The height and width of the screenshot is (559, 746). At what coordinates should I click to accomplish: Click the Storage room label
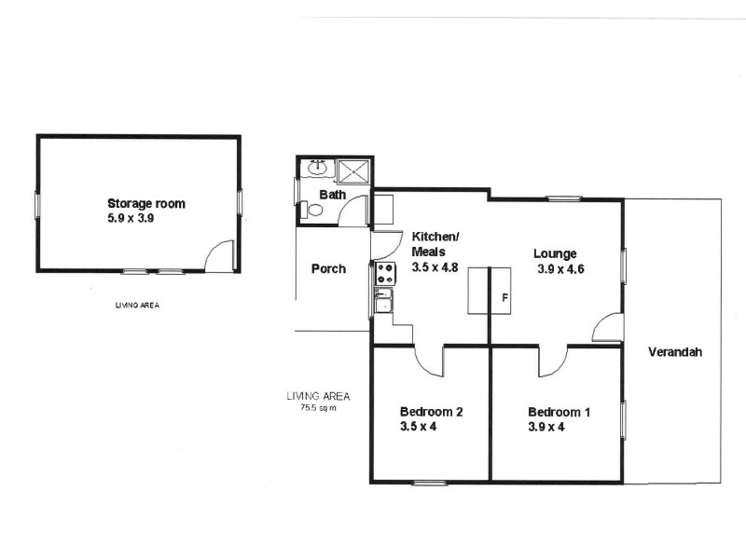point(146,203)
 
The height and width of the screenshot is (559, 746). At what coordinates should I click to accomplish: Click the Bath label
point(332,195)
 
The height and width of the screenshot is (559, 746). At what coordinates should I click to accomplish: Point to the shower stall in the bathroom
point(354,171)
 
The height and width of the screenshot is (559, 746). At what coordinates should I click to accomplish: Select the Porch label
point(328,268)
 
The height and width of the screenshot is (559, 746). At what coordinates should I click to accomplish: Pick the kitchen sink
point(383,301)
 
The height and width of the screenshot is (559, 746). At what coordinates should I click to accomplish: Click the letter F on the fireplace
point(504,298)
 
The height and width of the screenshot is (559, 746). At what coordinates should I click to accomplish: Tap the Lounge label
point(555,253)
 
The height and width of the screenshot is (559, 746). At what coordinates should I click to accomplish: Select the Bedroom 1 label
point(559,412)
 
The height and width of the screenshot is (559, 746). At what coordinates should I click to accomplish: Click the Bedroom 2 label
point(432,412)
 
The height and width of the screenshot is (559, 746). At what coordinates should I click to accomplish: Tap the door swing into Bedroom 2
point(428,360)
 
